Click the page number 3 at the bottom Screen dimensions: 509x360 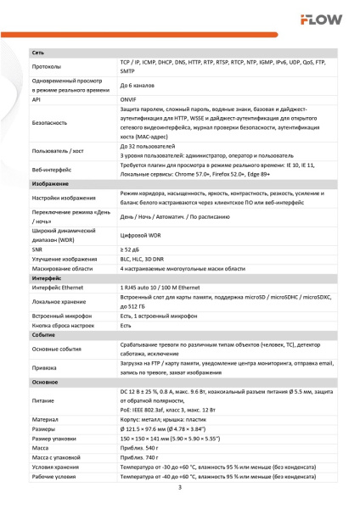[180, 487]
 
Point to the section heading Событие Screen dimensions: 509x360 [45, 335]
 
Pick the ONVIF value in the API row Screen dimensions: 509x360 [130, 98]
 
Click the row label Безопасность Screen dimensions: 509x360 [49, 124]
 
